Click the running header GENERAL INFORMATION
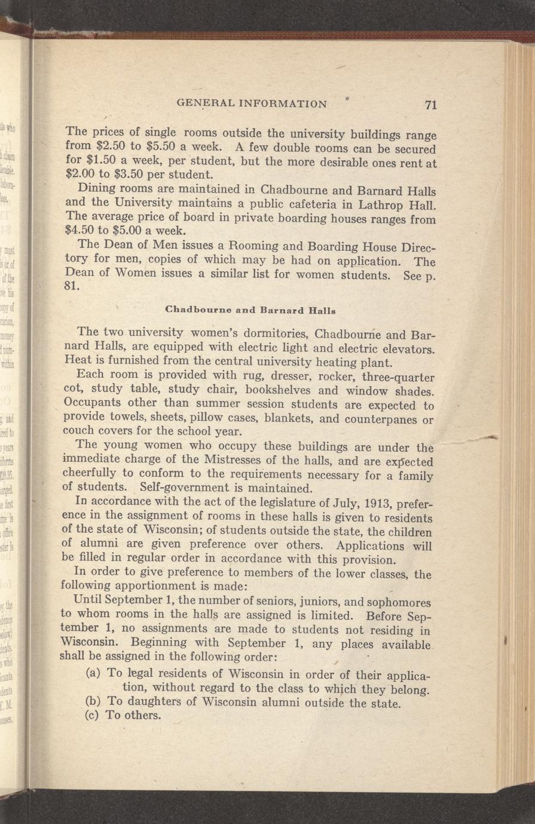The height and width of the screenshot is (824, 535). [252, 103]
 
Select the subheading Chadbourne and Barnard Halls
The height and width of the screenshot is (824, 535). [249, 310]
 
